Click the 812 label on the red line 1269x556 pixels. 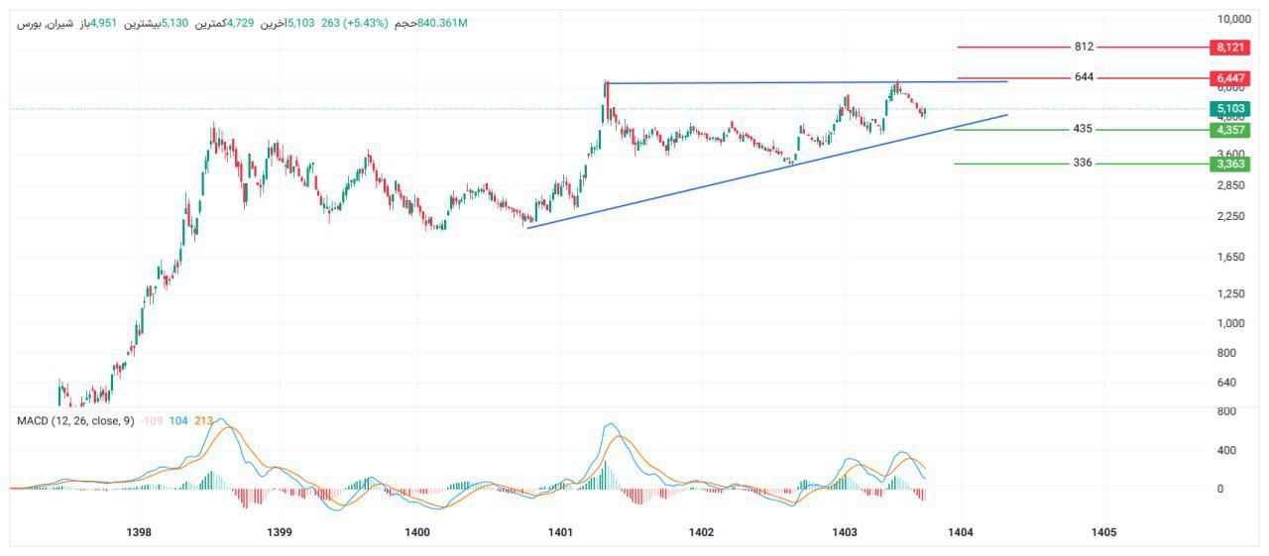point(1084,47)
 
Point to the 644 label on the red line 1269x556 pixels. point(1084,77)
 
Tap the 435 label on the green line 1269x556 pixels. point(1083,130)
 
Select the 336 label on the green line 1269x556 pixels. point(1083,163)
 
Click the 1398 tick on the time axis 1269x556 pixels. point(140,532)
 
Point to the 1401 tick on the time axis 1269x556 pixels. point(560,532)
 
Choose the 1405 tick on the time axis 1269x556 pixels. point(1103,532)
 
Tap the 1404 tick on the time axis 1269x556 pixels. point(960,532)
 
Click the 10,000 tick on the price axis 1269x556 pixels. point(1234,19)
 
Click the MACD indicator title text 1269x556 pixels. point(75,421)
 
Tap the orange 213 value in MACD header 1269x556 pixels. point(204,421)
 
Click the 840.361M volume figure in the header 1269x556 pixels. point(443,23)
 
